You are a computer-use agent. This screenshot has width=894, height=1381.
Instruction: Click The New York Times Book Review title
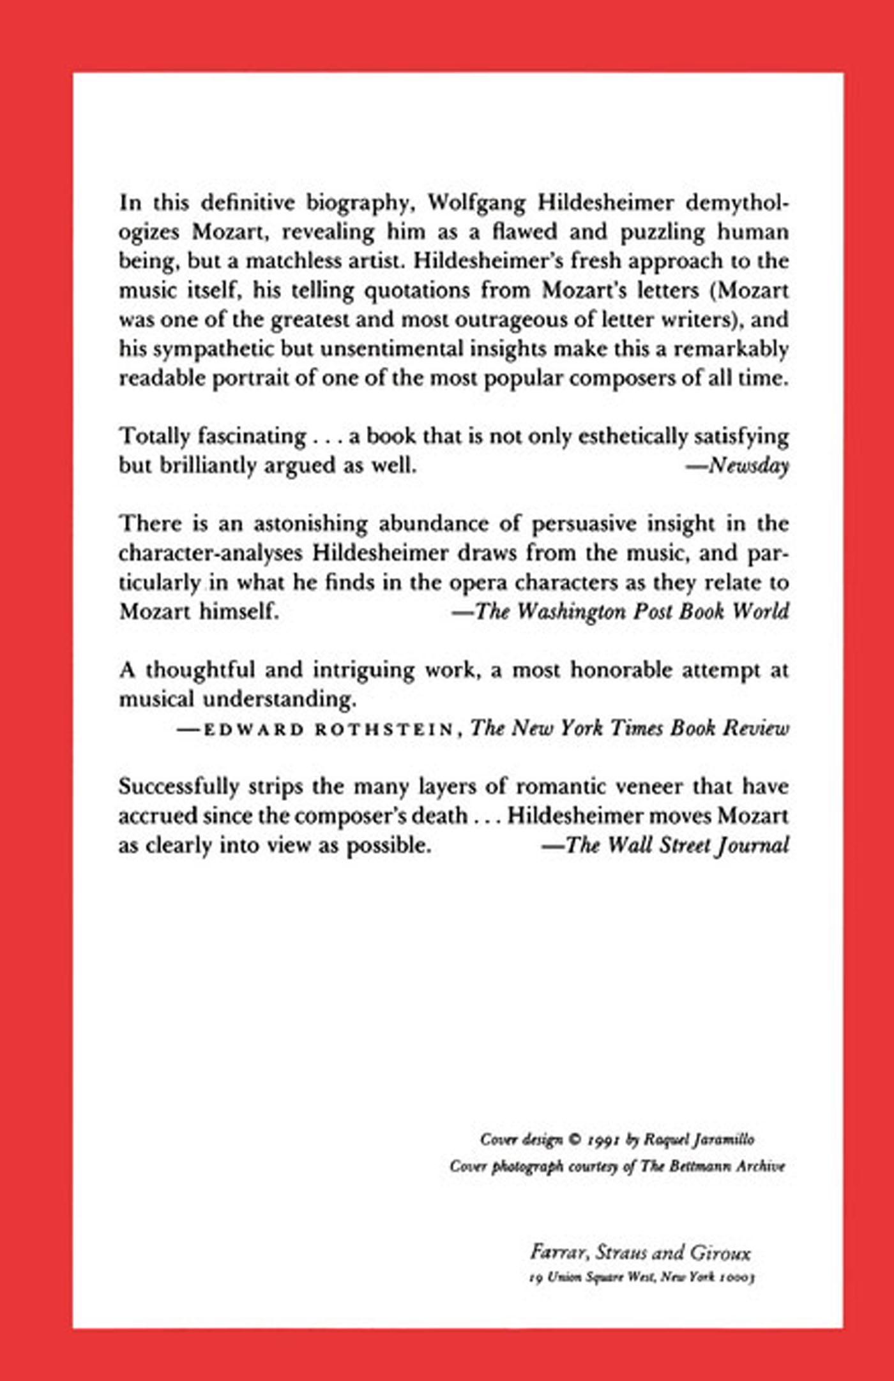tap(630, 728)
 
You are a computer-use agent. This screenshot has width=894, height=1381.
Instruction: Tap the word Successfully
tap(178, 787)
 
